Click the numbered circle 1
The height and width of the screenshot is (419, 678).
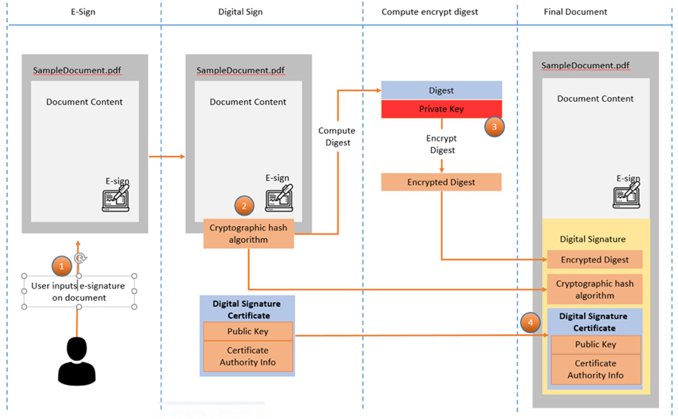tap(62, 265)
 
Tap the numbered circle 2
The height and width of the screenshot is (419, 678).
tap(243, 206)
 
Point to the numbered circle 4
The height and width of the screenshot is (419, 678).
tap(530, 323)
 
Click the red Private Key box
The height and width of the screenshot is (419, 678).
tap(441, 109)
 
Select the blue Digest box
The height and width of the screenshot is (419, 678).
tap(441, 90)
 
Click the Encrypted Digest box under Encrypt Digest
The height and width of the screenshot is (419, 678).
tap(441, 182)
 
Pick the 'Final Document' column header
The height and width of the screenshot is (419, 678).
tap(575, 12)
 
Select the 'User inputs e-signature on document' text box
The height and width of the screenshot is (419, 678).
tap(79, 291)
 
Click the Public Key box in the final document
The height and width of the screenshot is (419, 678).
tap(595, 344)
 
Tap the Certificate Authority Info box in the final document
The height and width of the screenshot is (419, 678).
tap(595, 369)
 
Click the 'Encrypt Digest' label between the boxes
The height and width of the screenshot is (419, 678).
tap(441, 145)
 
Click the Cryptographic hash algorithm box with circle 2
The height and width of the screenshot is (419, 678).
tap(249, 233)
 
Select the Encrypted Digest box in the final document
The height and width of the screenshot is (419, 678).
tap(595, 259)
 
